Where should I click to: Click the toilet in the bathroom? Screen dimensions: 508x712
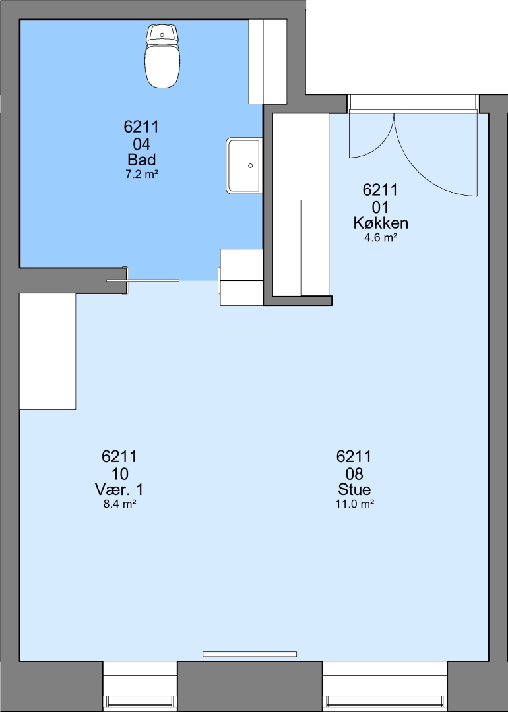pos(162,56)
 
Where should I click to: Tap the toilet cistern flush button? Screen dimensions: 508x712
pos(162,35)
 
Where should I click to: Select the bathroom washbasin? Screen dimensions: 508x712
pos(245,165)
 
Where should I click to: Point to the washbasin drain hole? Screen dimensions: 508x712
pos(250,165)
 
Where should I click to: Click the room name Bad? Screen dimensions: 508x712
pos(141,160)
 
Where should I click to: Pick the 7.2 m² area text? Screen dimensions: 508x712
pos(141,174)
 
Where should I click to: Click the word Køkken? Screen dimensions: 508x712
pos(381,223)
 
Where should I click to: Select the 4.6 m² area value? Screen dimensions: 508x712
pos(381,237)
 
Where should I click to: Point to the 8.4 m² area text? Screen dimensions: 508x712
pos(119,504)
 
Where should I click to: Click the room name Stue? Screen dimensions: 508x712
pos(354,489)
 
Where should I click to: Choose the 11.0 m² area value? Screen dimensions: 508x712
pos(354,504)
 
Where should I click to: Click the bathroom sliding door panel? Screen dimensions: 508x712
pos(143,281)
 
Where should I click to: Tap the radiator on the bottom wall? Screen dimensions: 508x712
pos(249,654)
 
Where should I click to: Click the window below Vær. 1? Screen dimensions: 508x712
pos(139,686)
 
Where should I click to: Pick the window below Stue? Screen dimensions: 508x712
pos(385,686)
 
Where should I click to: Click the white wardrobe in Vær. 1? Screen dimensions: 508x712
pos(48,351)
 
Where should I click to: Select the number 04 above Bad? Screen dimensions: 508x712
pos(141,144)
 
